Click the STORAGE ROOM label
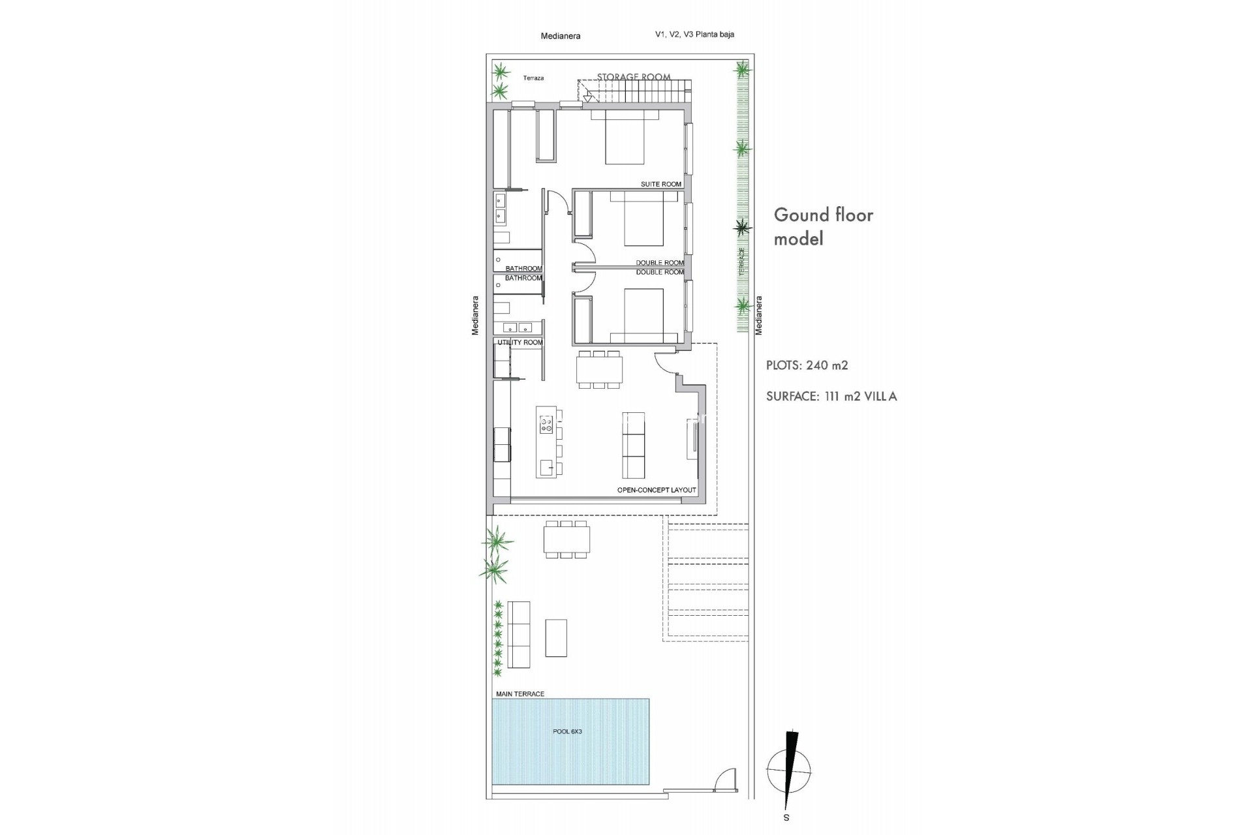[633, 77]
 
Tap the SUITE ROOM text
[660, 184]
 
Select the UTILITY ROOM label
[519, 342]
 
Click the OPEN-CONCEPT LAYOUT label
[656, 490]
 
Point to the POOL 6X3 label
[567, 731]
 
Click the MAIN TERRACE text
[519, 694]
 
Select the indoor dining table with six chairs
[599, 371]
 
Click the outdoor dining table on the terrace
[566, 539]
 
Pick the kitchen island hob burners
[546, 425]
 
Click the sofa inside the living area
[633, 445]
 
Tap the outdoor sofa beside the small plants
[519, 634]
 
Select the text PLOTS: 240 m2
[807, 365]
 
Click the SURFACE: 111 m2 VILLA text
[831, 396]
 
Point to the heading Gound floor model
[822, 226]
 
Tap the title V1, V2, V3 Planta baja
[694, 35]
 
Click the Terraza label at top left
[533, 78]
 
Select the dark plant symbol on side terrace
[742, 227]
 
